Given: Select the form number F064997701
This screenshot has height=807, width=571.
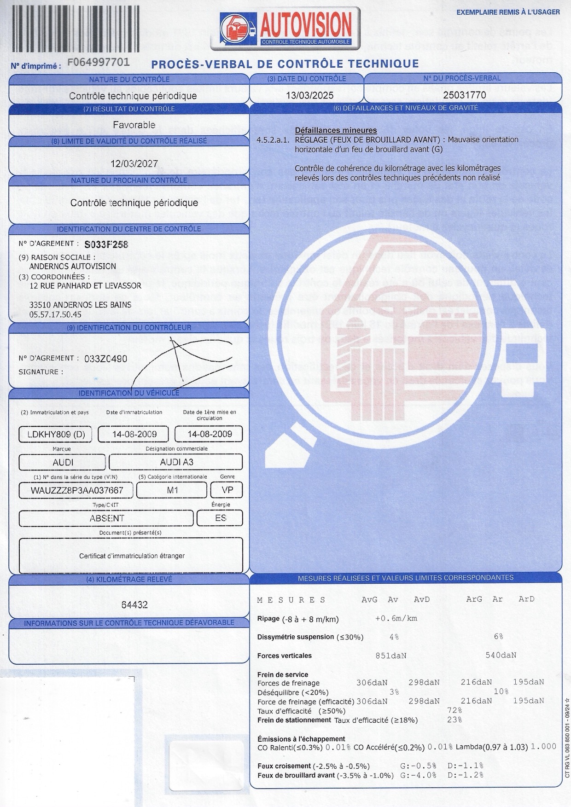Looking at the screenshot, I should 99,62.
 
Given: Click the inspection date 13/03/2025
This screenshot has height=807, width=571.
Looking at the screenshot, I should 306,95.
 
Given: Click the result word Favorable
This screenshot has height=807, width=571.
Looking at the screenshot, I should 134,125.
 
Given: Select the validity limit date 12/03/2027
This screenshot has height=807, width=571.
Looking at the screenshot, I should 134,163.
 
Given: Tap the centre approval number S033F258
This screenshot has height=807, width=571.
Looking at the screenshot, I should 106,244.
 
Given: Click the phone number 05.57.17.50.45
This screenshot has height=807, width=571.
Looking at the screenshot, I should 55,314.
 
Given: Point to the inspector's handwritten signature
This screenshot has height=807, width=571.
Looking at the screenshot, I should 180,361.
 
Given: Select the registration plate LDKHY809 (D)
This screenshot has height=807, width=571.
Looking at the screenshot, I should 56,434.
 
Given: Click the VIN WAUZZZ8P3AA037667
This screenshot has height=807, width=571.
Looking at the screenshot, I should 77,490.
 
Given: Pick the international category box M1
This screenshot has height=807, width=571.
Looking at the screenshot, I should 173,490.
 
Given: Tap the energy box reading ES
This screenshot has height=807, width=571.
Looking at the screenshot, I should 221,518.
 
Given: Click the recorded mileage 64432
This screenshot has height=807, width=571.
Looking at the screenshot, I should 134,605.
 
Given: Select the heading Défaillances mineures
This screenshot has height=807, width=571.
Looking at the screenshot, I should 336,130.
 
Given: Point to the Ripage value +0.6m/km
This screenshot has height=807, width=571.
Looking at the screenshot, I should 396,618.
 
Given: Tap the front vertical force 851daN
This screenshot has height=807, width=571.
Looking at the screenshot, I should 391,656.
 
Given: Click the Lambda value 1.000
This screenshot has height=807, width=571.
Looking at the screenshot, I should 543,747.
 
